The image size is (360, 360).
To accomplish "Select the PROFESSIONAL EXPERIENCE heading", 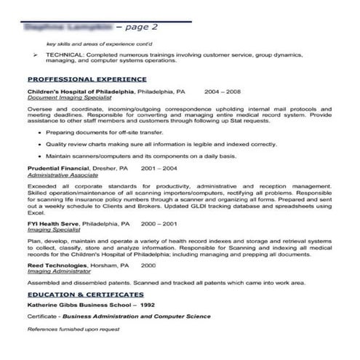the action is (87, 79).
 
